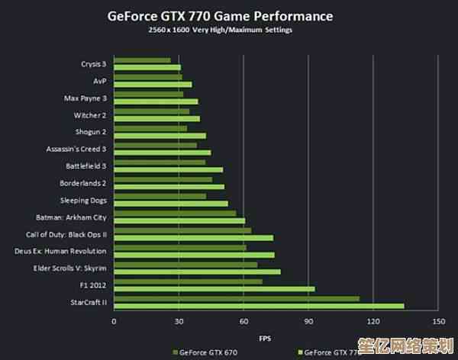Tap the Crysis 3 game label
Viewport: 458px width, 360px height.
click(x=93, y=64)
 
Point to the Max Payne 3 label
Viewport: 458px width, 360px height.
click(x=85, y=98)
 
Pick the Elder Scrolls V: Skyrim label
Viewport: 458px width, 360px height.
click(x=70, y=268)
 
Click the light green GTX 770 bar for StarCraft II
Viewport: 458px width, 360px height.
click(x=259, y=306)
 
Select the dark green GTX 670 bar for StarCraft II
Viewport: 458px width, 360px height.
click(x=236, y=298)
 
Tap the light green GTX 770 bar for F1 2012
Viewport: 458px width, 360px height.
click(x=214, y=288)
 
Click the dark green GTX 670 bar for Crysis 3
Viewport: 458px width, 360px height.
click(x=142, y=60)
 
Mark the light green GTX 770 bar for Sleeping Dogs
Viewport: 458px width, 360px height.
click(x=170, y=204)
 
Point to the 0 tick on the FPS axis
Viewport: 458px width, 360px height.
click(x=114, y=321)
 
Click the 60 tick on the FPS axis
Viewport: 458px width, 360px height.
click(x=244, y=321)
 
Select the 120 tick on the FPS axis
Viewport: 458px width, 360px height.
click(x=373, y=321)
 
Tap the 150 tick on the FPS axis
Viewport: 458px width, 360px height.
click(x=438, y=321)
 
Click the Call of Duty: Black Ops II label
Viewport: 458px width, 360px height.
click(x=66, y=234)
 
